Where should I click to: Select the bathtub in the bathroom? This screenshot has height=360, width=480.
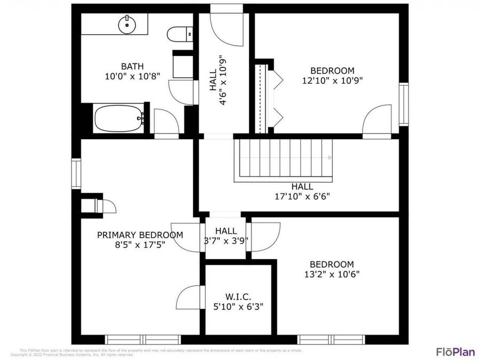(118, 118)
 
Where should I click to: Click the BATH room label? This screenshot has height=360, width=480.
(132, 67)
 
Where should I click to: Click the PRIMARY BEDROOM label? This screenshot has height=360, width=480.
(140, 235)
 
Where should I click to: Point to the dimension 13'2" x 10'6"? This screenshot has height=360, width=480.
(332, 274)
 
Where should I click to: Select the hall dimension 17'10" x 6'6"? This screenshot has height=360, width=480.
(302, 196)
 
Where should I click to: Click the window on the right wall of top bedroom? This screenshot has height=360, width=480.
(404, 105)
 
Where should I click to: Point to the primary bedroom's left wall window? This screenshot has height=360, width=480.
(76, 174)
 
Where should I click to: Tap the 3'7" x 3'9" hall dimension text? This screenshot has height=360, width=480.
(226, 241)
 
